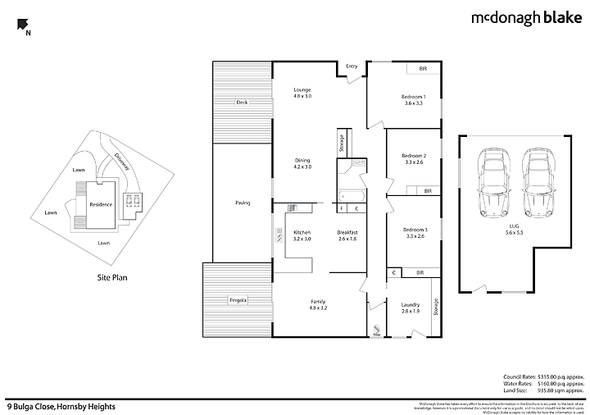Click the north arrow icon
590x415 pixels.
[24, 26]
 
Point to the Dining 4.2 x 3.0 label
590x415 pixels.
[303, 163]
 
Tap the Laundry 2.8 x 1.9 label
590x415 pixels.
[410, 308]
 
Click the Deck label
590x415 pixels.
[242, 103]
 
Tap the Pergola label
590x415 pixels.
[238, 299]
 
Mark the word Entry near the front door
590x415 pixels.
[352, 66]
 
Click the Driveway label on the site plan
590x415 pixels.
[122, 162]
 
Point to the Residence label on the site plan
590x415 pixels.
[101, 203]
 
